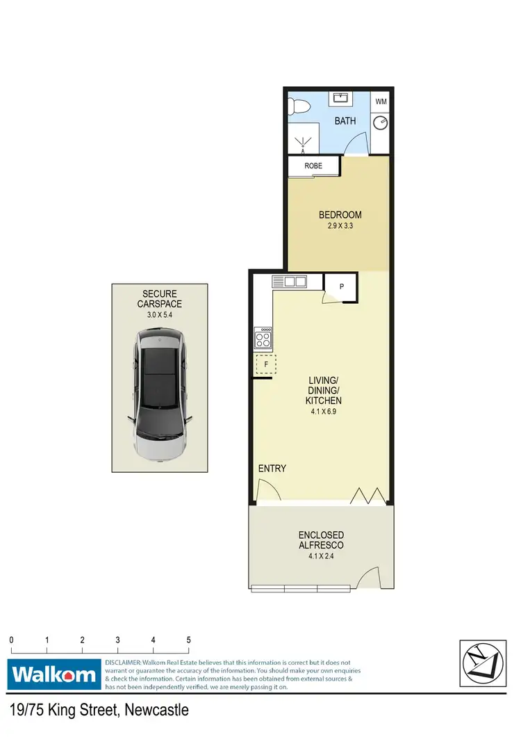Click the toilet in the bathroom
[297, 108]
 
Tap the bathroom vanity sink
[342, 98]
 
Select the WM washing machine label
[381, 102]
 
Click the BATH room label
[345, 121]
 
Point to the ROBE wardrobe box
[314, 166]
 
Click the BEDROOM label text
[340, 215]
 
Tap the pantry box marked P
[342, 286]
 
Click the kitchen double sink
[289, 282]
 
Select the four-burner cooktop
[264, 339]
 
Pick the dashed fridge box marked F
[265, 364]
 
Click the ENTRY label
[272, 469]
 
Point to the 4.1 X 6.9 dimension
[324, 412]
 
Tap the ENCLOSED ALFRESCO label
[321, 540]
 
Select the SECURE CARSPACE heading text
[160, 299]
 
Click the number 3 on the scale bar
[118, 640]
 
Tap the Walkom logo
[53, 674]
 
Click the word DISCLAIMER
[123, 663]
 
